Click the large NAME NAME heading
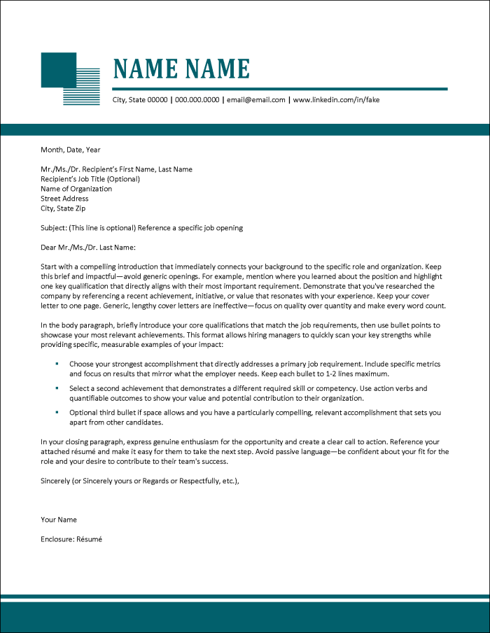tap(181, 69)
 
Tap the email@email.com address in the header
tap(255, 100)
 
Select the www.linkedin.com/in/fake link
tap(336, 100)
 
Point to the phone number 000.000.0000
tap(197, 100)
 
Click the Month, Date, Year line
tap(71, 149)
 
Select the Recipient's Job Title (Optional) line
tap(90, 179)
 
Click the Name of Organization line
tap(76, 189)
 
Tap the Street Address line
tap(64, 199)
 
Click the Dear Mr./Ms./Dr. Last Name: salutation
tap(87, 247)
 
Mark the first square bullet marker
tap(57, 364)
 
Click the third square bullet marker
tap(57, 412)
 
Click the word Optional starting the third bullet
tap(83, 413)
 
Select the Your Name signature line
tap(59, 520)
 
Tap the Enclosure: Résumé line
tap(71, 539)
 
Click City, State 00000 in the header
tap(140, 100)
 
